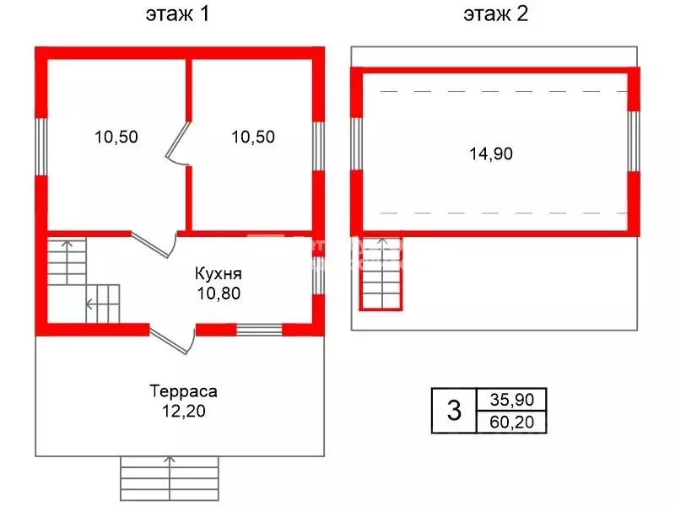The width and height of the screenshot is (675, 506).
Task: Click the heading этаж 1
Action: (x=177, y=14)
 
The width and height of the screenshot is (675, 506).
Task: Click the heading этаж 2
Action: (x=495, y=14)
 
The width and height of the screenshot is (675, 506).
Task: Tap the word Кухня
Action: (x=219, y=273)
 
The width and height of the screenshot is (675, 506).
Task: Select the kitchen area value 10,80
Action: (x=219, y=293)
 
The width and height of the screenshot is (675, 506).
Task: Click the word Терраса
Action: (x=183, y=391)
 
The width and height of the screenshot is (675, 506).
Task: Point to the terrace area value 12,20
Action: (x=183, y=412)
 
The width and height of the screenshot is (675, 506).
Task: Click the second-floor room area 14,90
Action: (x=491, y=153)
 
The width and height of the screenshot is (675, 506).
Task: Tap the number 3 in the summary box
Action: (x=454, y=410)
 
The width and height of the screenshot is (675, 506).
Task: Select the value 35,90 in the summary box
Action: (x=512, y=400)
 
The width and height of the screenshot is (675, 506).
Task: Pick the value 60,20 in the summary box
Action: (x=512, y=423)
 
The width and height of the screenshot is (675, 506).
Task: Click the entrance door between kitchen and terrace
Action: (x=172, y=340)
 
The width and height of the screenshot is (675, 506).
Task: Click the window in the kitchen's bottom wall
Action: (x=259, y=330)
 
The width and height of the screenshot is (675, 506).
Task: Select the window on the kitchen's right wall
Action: (x=318, y=276)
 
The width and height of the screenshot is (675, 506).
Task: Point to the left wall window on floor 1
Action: (x=40, y=146)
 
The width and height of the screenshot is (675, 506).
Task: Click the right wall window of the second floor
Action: (x=634, y=141)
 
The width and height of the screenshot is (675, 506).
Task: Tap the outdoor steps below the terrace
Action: (x=170, y=478)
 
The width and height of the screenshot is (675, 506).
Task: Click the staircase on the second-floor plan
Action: (x=381, y=273)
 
